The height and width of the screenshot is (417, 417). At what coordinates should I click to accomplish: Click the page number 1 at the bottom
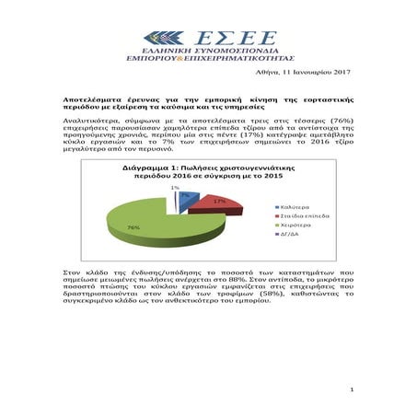click(x=352, y=390)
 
